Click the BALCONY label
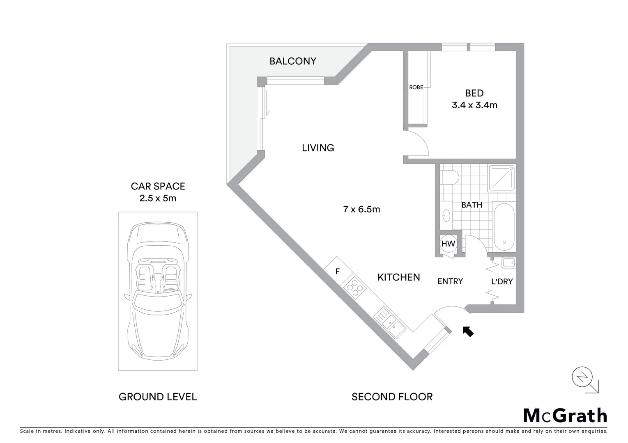(x=292, y=61)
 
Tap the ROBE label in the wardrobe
(x=416, y=87)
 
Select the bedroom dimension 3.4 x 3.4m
(x=474, y=105)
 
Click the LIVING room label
(x=318, y=148)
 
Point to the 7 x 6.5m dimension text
(x=361, y=209)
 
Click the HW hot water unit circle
(x=448, y=244)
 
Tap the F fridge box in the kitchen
(x=338, y=271)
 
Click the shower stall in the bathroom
(x=501, y=178)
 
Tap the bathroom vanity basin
(x=446, y=215)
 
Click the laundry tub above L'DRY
(x=508, y=263)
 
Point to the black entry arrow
(x=468, y=331)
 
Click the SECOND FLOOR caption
(x=392, y=397)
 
